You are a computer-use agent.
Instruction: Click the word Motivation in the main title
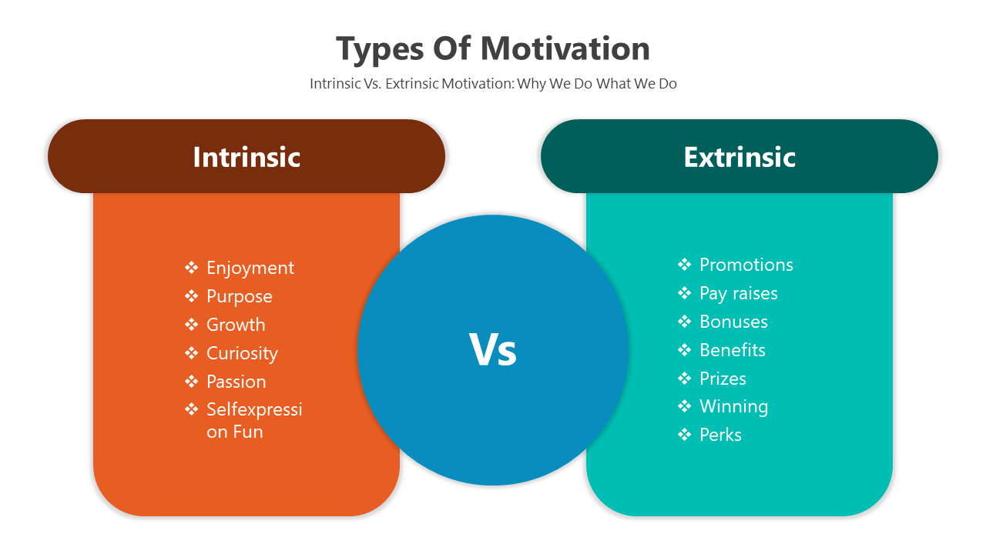pyautogui.click(x=565, y=48)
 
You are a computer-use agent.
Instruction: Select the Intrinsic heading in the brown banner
pyautogui.click(x=246, y=157)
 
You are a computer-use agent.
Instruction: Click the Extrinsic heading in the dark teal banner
pyautogui.click(x=739, y=157)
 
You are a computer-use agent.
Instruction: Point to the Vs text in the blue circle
pyautogui.click(x=492, y=350)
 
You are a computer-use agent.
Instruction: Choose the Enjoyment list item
pyautogui.click(x=250, y=269)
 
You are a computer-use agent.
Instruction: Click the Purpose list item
pyautogui.click(x=240, y=297)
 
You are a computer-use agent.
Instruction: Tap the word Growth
pyautogui.click(x=236, y=325)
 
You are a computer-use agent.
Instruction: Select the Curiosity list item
pyautogui.click(x=242, y=353)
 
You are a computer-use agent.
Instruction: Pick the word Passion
pyautogui.click(x=236, y=382)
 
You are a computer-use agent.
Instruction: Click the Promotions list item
pyautogui.click(x=746, y=265)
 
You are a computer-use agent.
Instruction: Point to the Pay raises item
pyautogui.click(x=739, y=294)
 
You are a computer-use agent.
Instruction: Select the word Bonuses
pyautogui.click(x=733, y=322)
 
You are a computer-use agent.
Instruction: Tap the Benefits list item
pyautogui.click(x=733, y=350)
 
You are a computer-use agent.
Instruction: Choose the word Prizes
pyautogui.click(x=723, y=379)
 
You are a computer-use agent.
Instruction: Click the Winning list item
pyautogui.click(x=734, y=407)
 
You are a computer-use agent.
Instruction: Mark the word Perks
pyautogui.click(x=720, y=435)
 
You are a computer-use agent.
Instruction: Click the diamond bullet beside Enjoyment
pyautogui.click(x=192, y=267)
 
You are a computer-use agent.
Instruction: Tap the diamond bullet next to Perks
pyautogui.click(x=685, y=435)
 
